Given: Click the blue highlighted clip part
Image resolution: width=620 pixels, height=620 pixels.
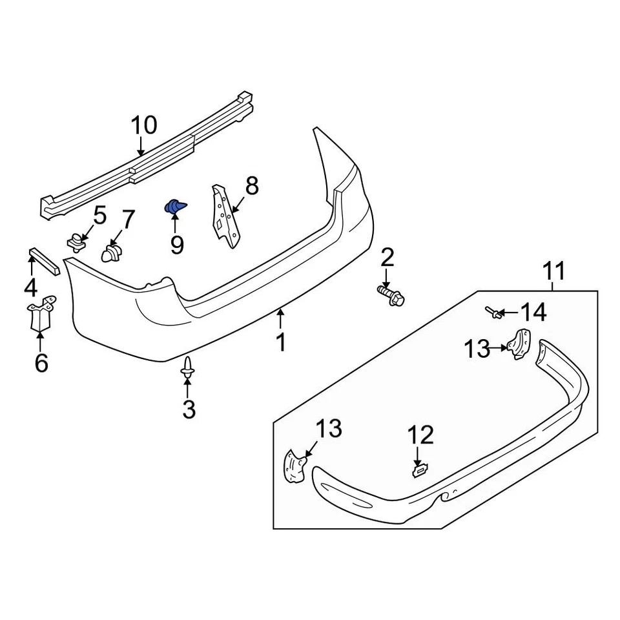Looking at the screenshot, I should pyautogui.click(x=174, y=207).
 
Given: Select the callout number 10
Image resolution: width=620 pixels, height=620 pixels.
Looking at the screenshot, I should pyautogui.click(x=144, y=125).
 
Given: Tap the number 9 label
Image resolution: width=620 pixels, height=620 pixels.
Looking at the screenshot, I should pyautogui.click(x=176, y=244).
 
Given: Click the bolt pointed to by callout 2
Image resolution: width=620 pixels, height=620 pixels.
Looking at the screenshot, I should pyautogui.click(x=390, y=296).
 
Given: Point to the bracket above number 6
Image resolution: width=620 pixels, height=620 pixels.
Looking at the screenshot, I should pyautogui.click(x=41, y=313).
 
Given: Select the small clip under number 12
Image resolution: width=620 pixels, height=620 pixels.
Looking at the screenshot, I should pyautogui.click(x=418, y=471).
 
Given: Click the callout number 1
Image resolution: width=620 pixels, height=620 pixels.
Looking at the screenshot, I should pyautogui.click(x=280, y=342).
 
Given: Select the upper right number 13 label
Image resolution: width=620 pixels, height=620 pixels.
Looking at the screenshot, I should pyautogui.click(x=477, y=349).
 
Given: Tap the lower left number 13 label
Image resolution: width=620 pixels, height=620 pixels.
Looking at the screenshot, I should pyautogui.click(x=329, y=428).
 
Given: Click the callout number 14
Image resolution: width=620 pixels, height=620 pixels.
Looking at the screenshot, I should pyautogui.click(x=533, y=313).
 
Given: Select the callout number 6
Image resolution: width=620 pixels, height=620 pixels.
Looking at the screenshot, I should pyautogui.click(x=41, y=364).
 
